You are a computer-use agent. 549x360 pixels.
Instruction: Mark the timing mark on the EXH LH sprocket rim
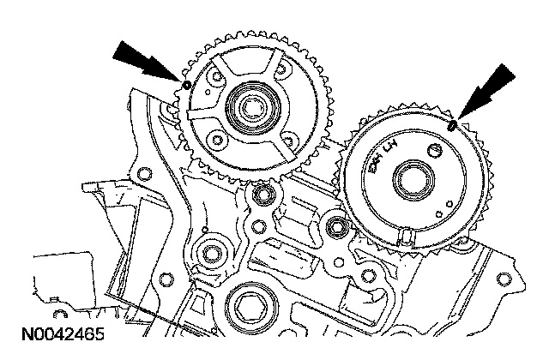(451, 125)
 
